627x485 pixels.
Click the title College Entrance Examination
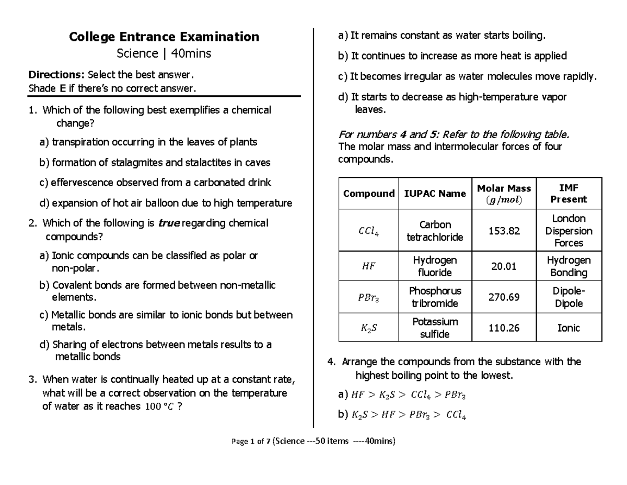click(165, 37)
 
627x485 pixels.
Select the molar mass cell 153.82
click(504, 231)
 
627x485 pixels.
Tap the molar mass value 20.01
click(504, 266)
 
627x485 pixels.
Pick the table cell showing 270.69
click(504, 297)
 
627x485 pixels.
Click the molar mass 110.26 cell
click(504, 328)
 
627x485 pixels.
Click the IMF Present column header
click(568, 194)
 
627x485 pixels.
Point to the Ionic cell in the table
click(568, 328)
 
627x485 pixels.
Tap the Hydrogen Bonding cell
click(568, 266)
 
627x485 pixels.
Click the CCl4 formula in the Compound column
click(368, 231)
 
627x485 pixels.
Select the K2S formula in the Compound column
click(368, 329)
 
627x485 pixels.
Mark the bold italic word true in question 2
click(168, 223)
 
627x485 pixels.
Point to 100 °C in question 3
click(159, 407)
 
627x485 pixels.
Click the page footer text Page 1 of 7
click(250, 441)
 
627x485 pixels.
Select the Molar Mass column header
click(504, 194)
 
